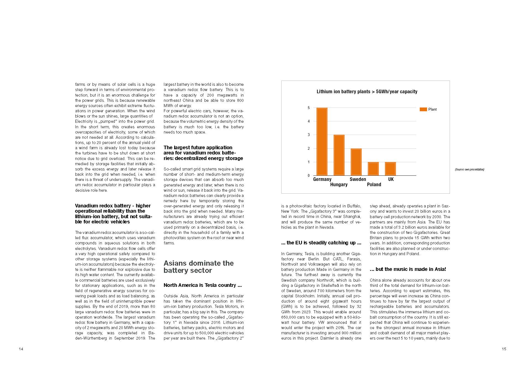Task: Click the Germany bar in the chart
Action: [322, 142]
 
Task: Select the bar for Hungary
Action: [339, 155]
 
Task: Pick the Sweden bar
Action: [356, 162]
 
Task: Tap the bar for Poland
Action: [373, 169]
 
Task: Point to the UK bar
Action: [390, 169]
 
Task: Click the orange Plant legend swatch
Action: [423, 110]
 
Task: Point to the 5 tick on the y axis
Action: [309, 108]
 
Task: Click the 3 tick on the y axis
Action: [309, 135]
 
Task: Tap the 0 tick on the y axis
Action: [309, 176]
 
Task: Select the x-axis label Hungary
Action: [339, 185]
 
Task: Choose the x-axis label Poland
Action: [374, 185]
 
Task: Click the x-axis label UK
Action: [391, 179]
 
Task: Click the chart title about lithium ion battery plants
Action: [367, 92]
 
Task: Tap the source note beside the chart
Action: [469, 169]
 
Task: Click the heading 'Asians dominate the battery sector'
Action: [198, 267]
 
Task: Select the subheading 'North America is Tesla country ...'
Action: [203, 285]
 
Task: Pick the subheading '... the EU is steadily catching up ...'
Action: [321, 243]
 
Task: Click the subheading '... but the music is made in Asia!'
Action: [408, 269]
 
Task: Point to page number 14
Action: [21, 349]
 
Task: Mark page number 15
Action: [504, 349]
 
